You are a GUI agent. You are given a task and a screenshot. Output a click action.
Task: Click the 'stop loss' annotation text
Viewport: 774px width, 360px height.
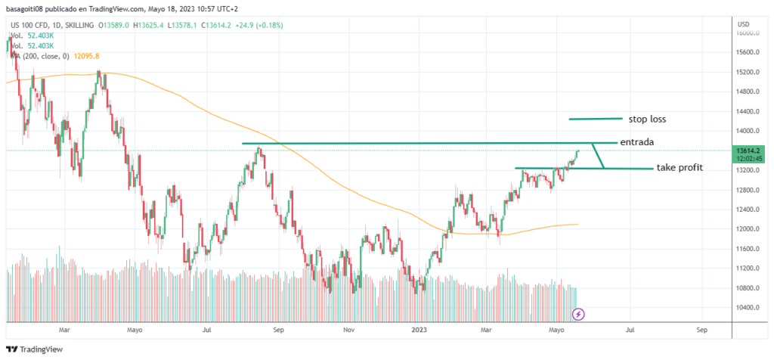pos(646,119)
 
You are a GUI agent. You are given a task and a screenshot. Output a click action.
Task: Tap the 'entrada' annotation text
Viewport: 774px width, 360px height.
pos(636,142)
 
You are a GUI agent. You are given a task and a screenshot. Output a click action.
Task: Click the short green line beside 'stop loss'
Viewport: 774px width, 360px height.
pos(596,119)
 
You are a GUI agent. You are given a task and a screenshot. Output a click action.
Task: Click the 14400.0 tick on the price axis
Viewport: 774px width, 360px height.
pos(749,112)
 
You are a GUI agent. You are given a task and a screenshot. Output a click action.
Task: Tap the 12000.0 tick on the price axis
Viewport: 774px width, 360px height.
pos(749,229)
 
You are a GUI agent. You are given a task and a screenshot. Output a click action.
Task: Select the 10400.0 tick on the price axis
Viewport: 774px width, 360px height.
pos(749,308)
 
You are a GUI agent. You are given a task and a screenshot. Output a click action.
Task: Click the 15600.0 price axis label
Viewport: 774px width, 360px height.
pos(749,53)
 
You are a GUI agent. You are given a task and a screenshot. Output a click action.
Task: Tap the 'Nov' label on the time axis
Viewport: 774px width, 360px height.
pos(348,331)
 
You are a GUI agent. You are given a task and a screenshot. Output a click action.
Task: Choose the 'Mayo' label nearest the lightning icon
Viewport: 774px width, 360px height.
pos(556,331)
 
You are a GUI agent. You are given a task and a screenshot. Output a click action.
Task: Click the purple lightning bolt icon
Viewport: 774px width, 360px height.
pos(579,313)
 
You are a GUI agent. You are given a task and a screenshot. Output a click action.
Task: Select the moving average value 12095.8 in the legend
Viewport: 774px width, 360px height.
pos(86,56)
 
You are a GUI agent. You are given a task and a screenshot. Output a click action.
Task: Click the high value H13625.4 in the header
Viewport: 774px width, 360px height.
pos(150,25)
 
